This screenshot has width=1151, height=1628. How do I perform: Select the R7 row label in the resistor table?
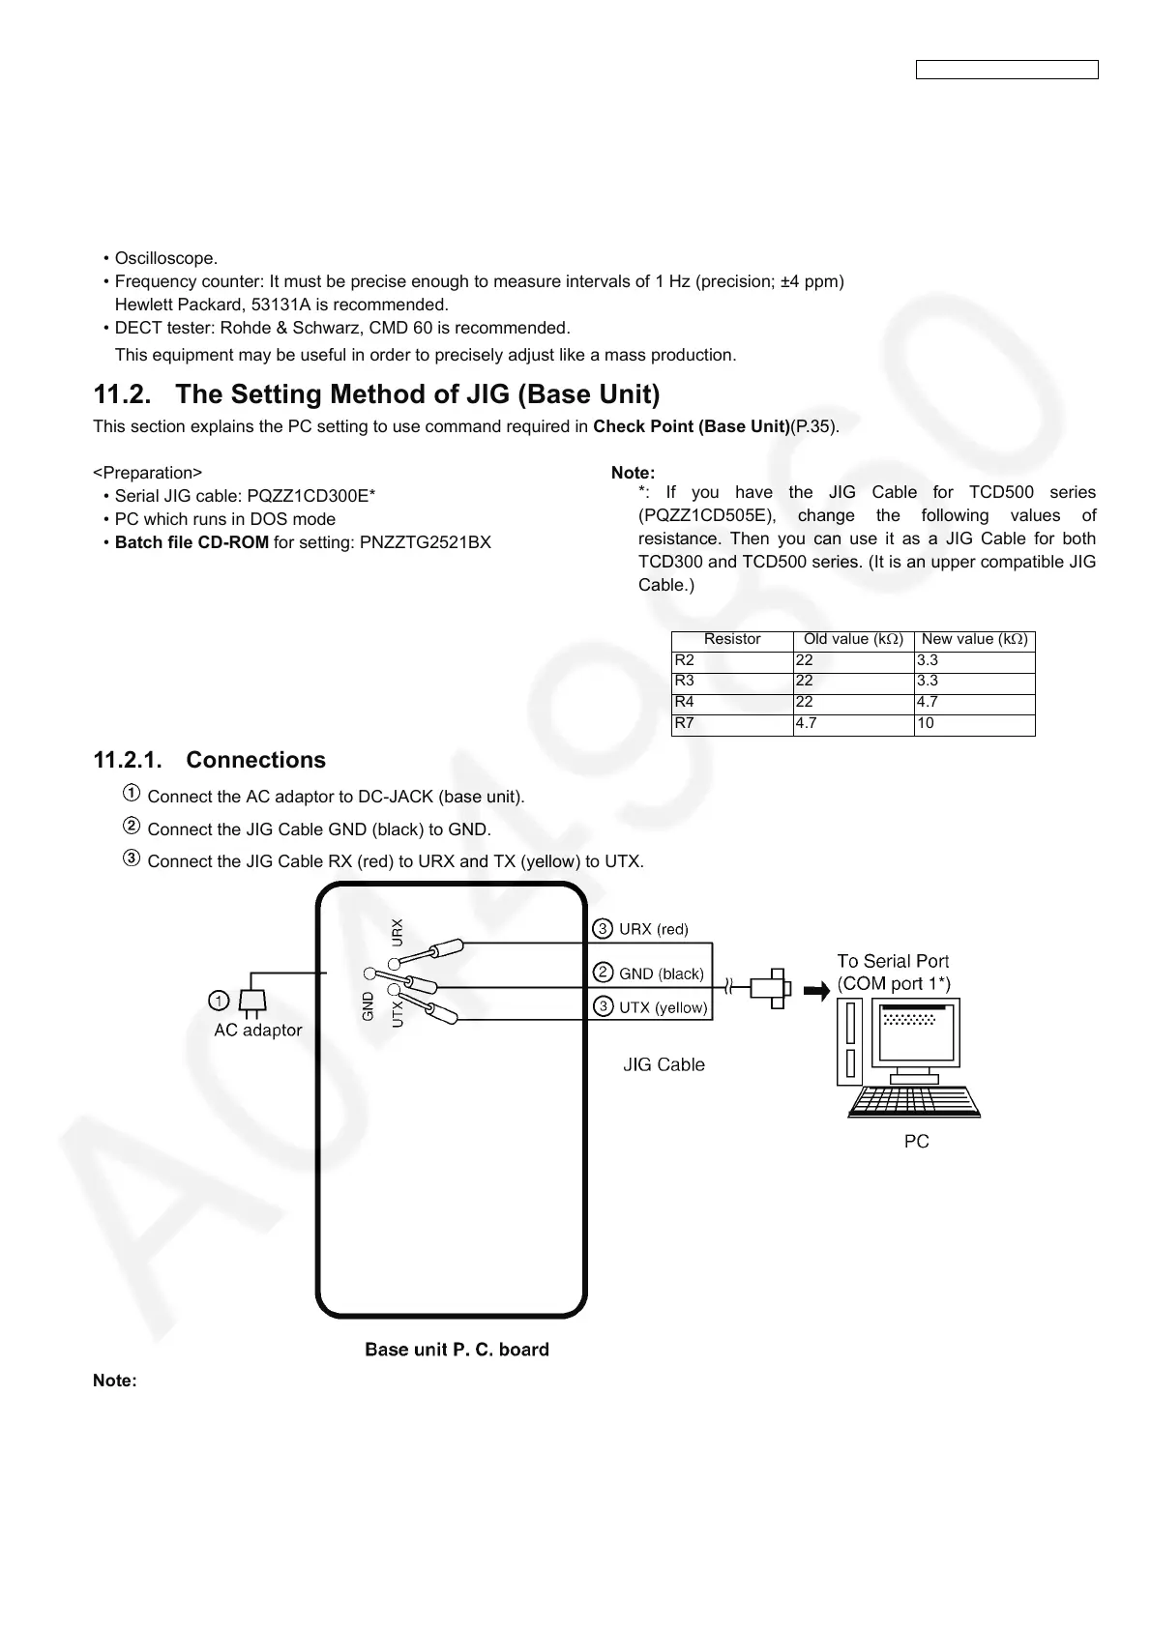[685, 723]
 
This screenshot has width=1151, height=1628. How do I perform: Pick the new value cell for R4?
[927, 703]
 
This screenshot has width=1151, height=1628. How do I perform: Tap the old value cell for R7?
[805, 723]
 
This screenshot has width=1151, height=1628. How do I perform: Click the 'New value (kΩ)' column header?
[974, 639]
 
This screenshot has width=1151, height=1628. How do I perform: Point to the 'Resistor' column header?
[732, 639]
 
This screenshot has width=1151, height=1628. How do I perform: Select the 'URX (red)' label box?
[653, 929]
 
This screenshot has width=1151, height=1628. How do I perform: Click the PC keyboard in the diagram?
[914, 1101]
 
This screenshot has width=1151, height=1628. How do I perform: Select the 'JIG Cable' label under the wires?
[664, 1064]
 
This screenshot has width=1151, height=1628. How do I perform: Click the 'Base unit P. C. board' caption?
[457, 1349]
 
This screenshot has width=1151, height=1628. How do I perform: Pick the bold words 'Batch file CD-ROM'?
[192, 542]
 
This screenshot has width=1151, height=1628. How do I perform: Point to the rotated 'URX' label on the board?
[397, 931]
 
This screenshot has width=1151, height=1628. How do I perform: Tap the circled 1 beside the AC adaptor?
[220, 999]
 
